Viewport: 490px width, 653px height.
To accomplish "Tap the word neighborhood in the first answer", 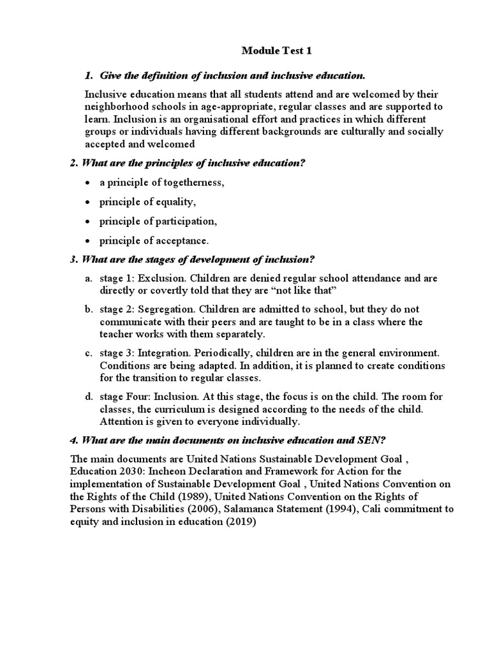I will pos(115,106).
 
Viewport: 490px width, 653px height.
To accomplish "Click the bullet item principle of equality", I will pos(146,202).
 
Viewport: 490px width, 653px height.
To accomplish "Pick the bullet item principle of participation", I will pos(158,221).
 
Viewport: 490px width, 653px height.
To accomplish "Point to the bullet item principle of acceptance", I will pos(154,240).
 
